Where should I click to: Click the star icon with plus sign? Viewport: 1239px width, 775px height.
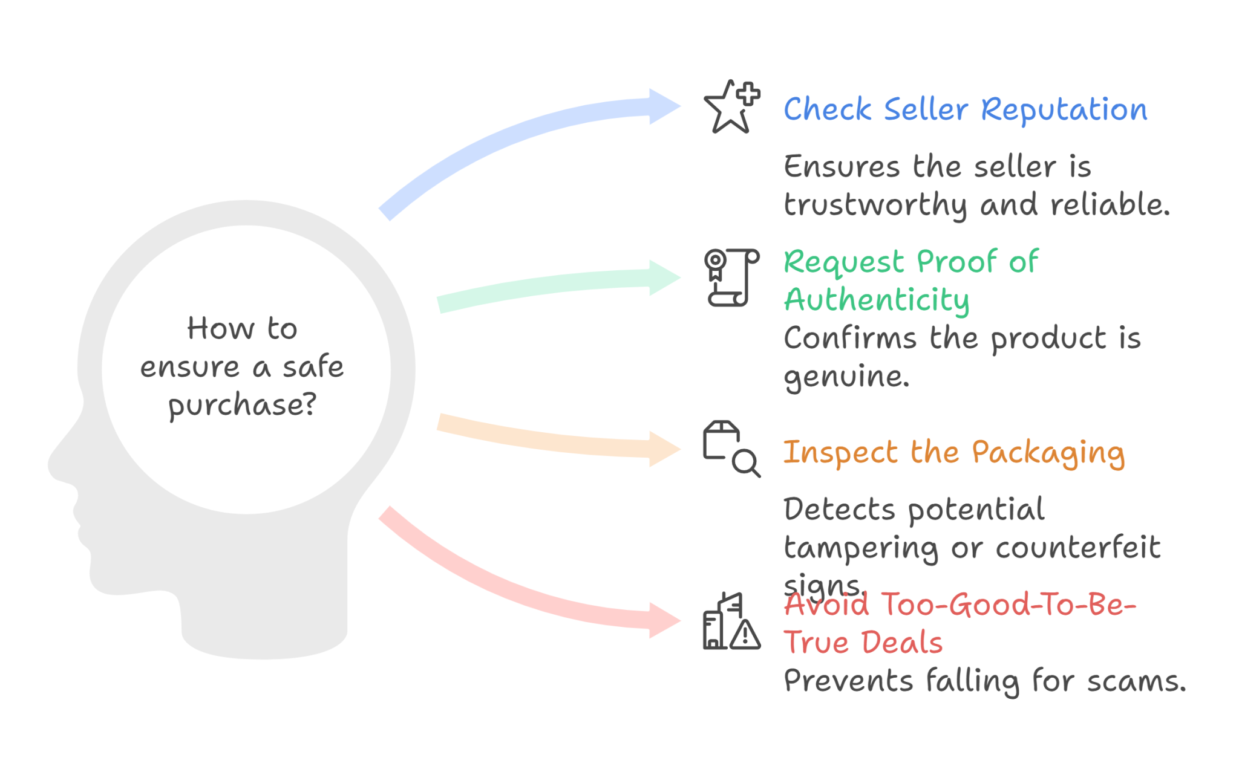click(x=731, y=107)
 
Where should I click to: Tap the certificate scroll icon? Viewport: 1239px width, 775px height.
click(x=731, y=277)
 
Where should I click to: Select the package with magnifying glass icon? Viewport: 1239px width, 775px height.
click(x=731, y=449)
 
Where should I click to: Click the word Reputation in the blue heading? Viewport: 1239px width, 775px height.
click(x=1064, y=111)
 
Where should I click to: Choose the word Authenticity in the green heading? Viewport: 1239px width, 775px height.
click(x=877, y=300)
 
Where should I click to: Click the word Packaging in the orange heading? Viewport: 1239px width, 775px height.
click(x=1048, y=453)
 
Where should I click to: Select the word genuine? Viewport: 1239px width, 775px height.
click(x=846, y=377)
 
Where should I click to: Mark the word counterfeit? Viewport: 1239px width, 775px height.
click(x=1077, y=548)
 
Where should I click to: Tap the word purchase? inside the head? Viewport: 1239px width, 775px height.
click(x=242, y=404)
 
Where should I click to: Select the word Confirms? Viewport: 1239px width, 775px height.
click(x=850, y=338)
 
